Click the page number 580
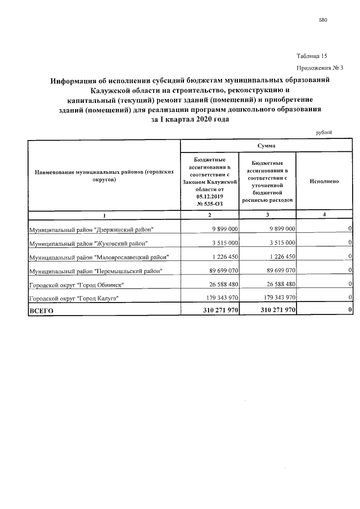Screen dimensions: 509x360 click(323, 20)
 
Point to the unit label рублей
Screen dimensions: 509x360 click(324, 132)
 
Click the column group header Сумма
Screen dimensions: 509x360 click(266, 145)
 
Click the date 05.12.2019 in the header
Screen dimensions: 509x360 click(210, 196)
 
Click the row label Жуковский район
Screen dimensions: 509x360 click(88, 243)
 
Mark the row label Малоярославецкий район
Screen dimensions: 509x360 click(98, 257)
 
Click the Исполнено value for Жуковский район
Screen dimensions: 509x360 click(350, 243)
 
